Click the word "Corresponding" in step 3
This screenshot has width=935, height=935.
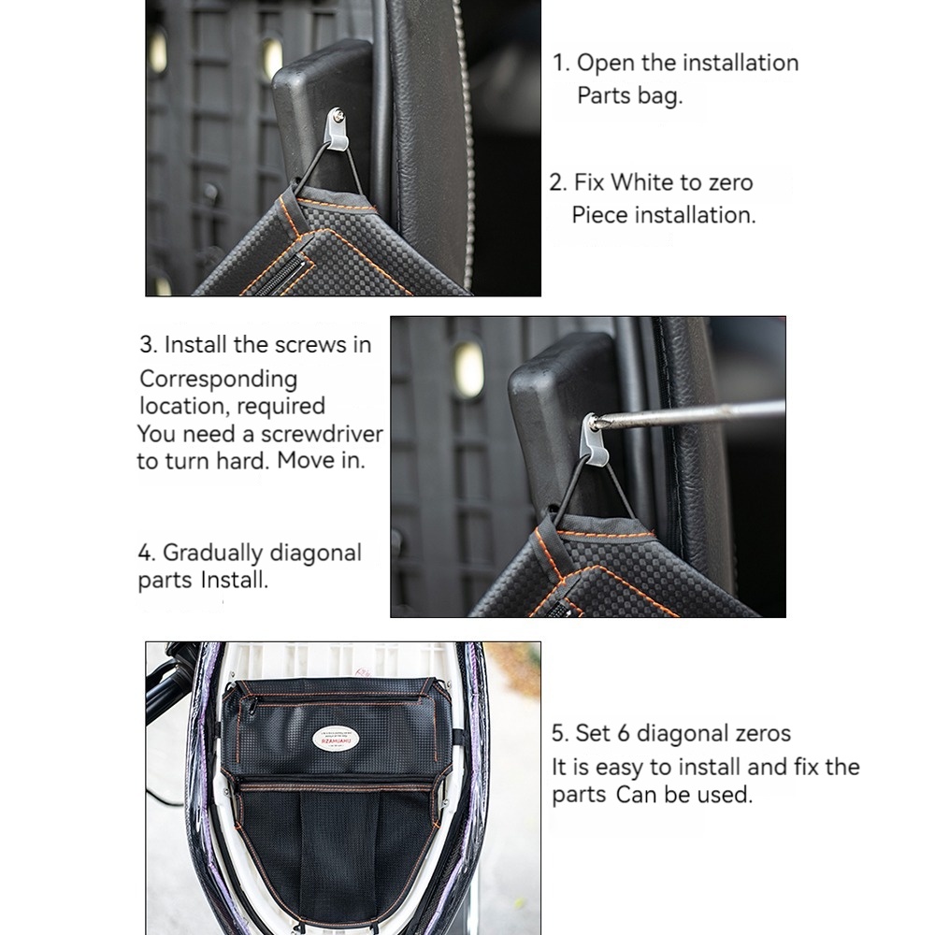218,380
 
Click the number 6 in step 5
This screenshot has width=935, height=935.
623,733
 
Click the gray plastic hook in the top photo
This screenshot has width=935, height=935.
337,130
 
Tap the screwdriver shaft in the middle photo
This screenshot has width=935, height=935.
692,414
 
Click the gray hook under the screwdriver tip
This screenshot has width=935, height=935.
597,442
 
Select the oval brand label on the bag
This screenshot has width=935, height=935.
336,740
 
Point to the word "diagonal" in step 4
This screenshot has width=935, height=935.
315,554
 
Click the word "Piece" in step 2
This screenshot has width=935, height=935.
598,215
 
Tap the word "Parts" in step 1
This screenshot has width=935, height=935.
604,95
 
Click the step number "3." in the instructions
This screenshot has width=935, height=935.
149,345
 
